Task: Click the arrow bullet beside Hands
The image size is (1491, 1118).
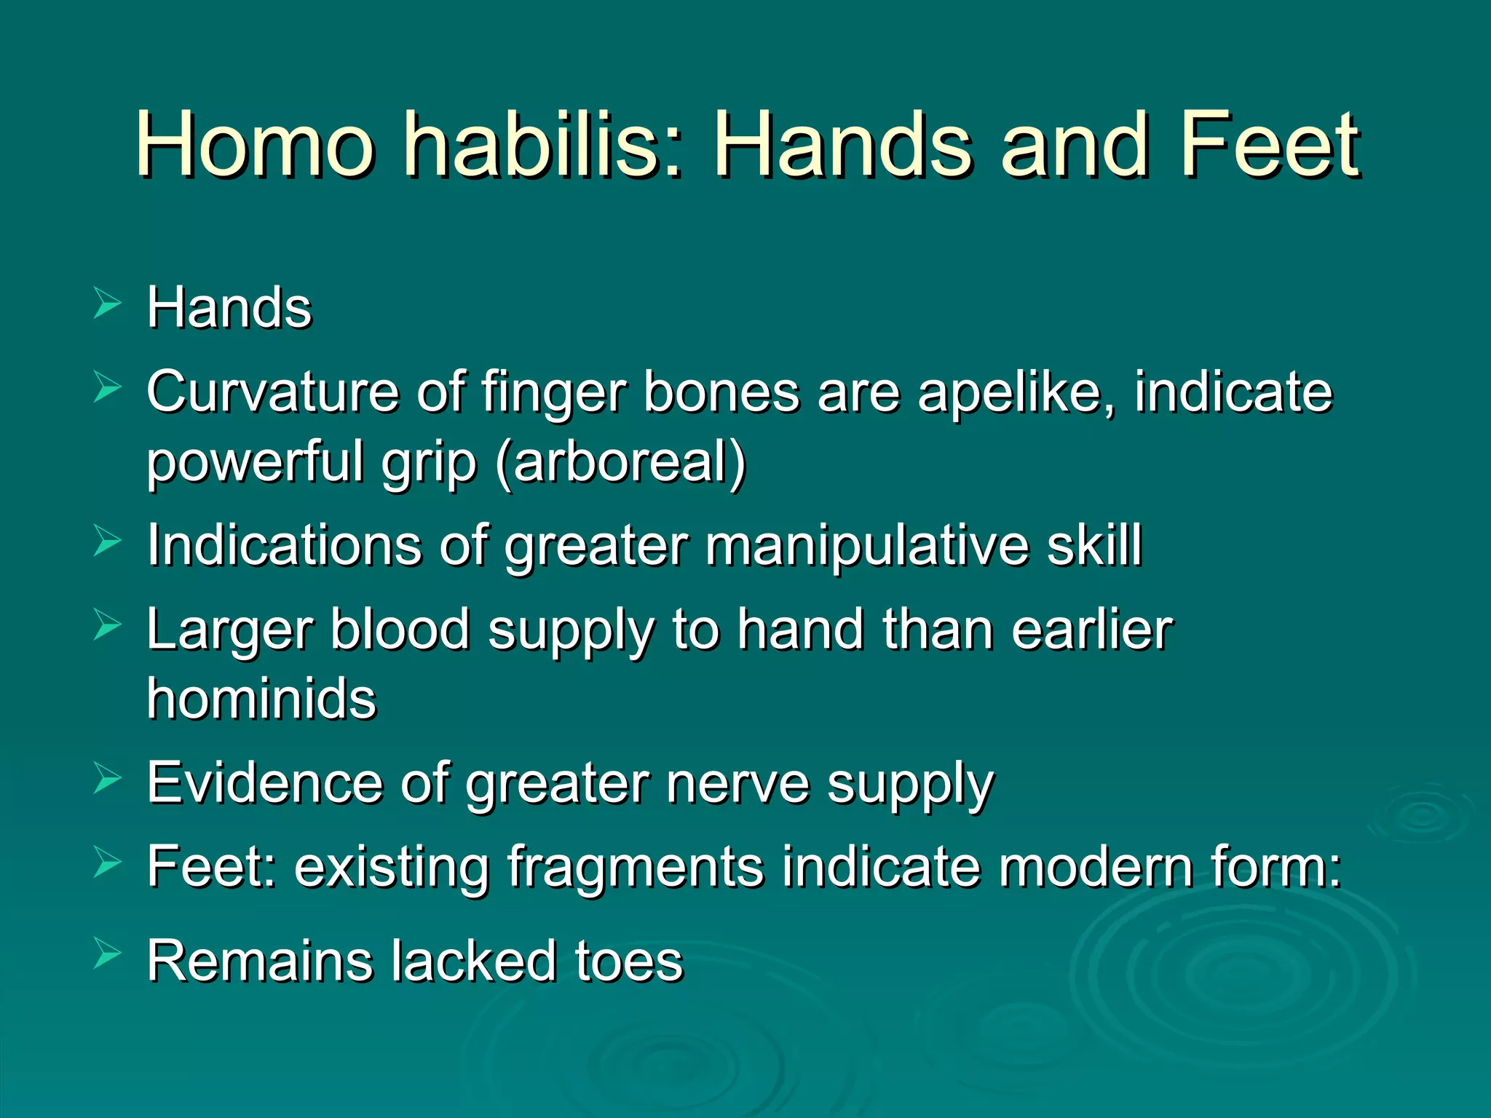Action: click(x=107, y=304)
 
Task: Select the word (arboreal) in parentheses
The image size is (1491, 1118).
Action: click(x=620, y=462)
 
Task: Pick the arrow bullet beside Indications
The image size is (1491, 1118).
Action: click(x=107, y=542)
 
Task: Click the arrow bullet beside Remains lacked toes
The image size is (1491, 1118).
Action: click(x=107, y=954)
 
